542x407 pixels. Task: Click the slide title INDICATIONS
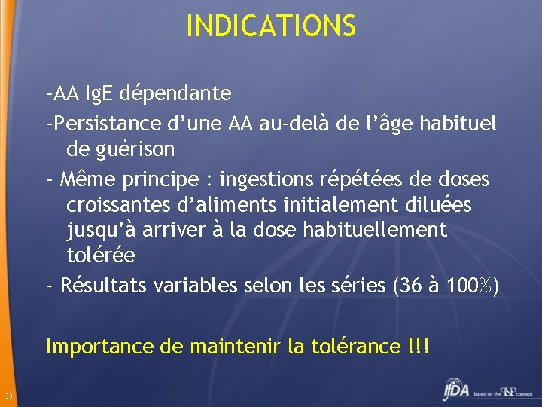pos(270,26)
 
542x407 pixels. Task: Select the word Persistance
pos(98,123)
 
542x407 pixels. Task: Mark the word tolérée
pos(101,255)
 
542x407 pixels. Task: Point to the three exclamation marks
pos(418,346)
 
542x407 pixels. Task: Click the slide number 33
pos(8,397)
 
